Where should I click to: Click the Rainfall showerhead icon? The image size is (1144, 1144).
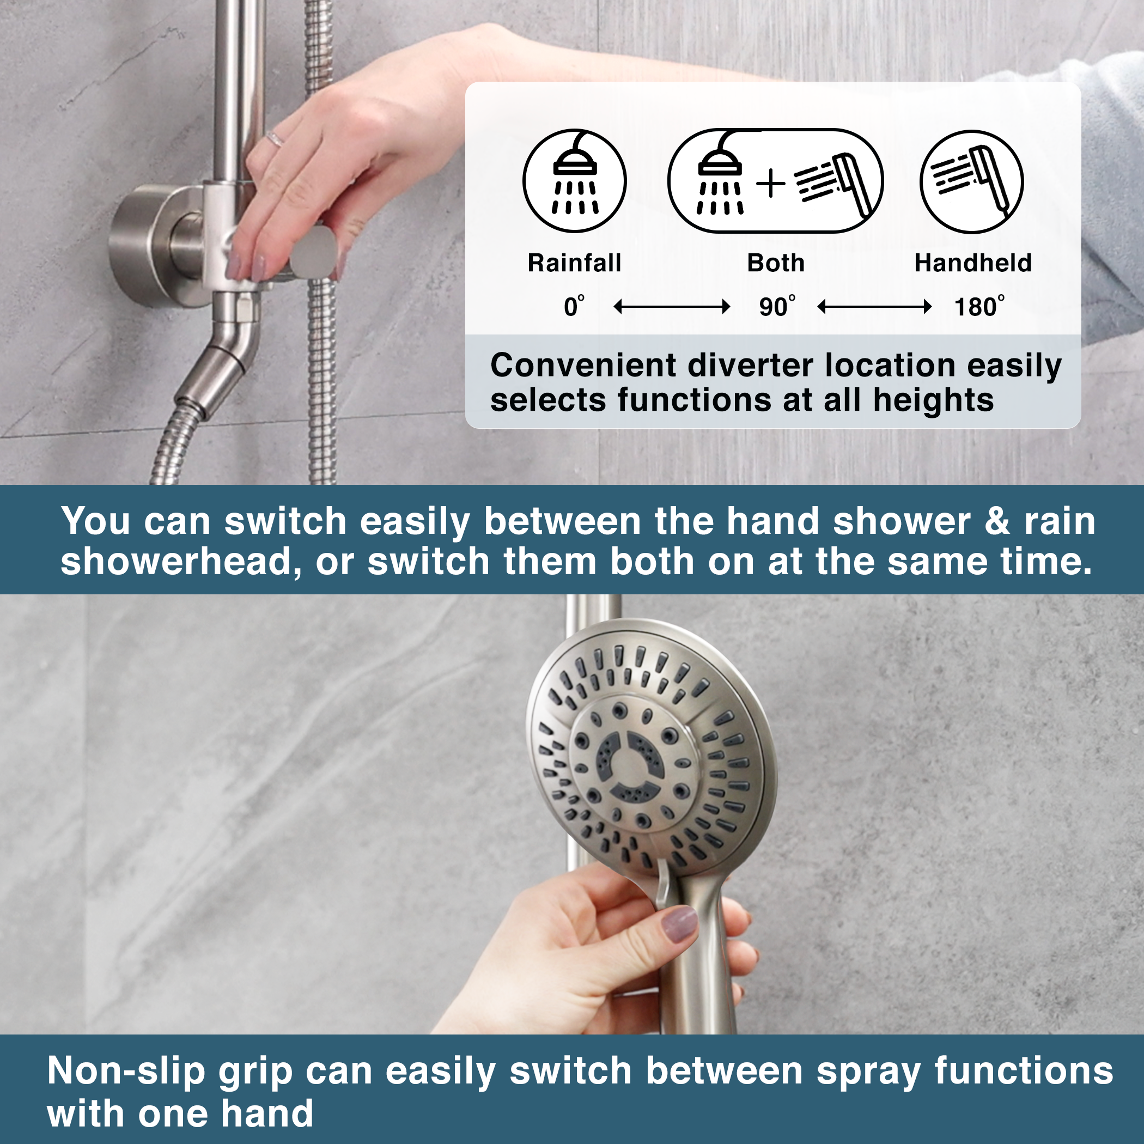(x=574, y=181)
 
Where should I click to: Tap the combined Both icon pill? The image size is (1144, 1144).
(x=776, y=181)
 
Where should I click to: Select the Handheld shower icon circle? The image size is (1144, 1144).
(x=972, y=181)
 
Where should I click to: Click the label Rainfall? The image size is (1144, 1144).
(x=574, y=263)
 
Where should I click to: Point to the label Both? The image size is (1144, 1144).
(x=776, y=263)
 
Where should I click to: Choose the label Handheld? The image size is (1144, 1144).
(x=973, y=263)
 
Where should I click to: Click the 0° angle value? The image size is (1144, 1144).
(x=573, y=307)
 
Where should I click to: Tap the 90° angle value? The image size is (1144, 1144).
(x=776, y=307)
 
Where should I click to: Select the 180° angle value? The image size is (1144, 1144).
(x=978, y=307)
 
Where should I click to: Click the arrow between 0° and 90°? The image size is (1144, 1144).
(x=672, y=307)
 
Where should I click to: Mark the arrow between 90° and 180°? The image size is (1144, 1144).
(x=874, y=307)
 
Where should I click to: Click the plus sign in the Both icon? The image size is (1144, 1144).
(x=771, y=183)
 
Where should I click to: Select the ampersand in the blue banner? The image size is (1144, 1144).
(x=998, y=522)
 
